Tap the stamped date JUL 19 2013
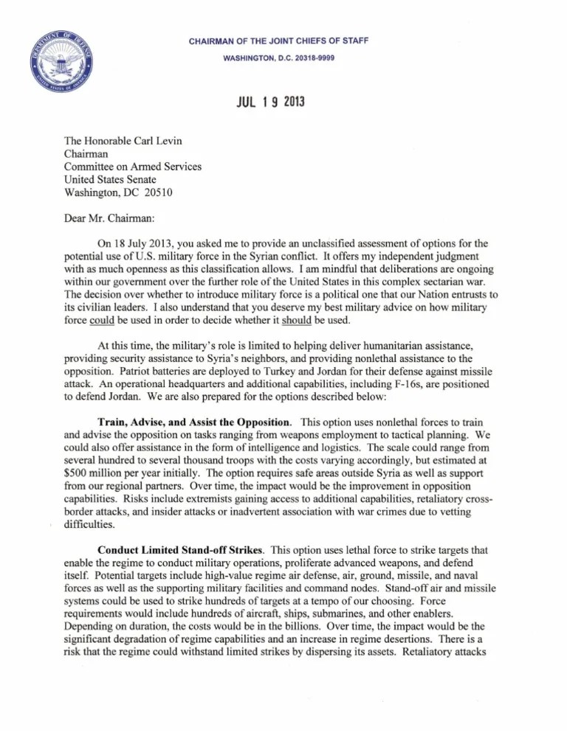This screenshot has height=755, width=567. pyautogui.click(x=267, y=102)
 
